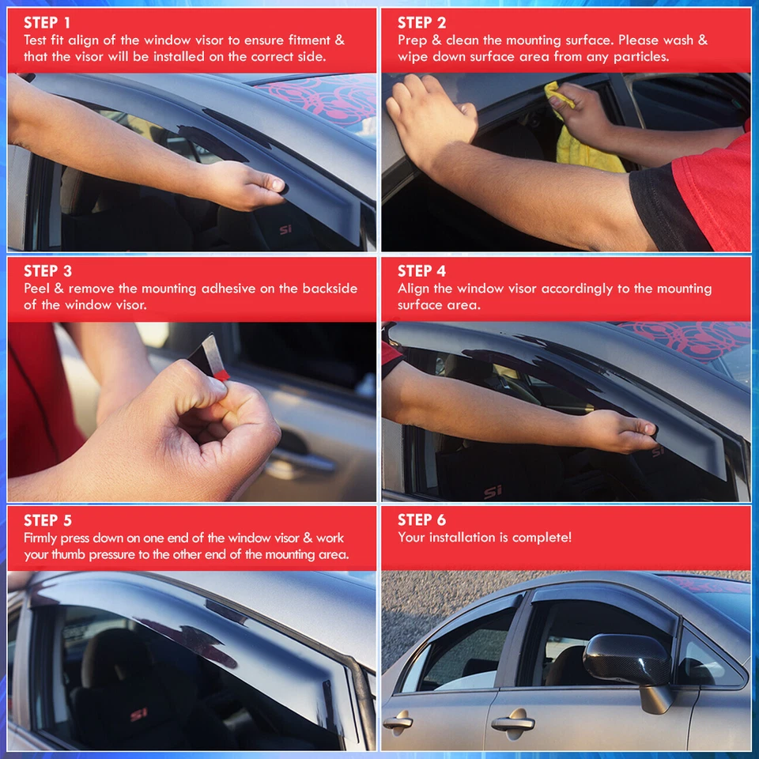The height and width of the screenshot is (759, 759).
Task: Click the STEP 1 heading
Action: click(47, 22)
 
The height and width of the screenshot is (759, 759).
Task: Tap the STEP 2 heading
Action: click(421, 22)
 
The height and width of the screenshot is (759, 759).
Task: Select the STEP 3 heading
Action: click(47, 271)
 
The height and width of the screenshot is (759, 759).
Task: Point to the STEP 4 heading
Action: click(421, 271)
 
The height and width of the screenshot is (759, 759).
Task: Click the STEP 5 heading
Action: click(47, 520)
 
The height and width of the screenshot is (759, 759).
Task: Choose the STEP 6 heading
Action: click(421, 519)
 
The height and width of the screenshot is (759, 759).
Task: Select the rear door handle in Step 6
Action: click(398, 721)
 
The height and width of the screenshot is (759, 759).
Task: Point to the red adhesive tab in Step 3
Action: click(221, 373)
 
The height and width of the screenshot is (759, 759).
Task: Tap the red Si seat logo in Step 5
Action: click(138, 714)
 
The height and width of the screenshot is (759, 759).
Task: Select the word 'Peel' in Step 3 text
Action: click(39, 289)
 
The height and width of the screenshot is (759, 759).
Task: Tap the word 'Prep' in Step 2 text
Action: click(413, 40)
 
